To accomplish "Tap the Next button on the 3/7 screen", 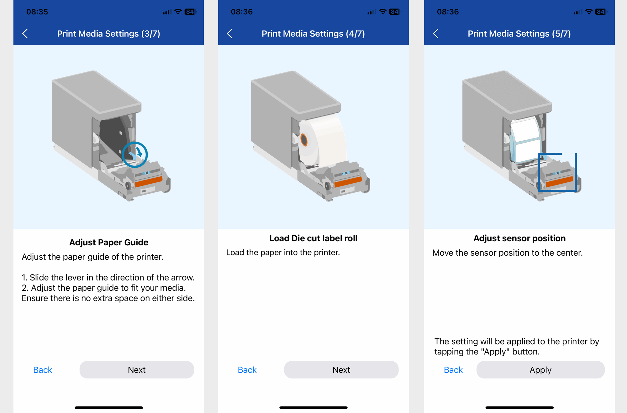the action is click(x=137, y=370).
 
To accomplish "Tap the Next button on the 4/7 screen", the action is click(x=341, y=370).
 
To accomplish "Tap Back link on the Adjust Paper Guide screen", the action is click(x=43, y=370).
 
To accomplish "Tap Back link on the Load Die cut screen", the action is click(x=247, y=370).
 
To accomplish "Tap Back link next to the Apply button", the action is click(x=453, y=370).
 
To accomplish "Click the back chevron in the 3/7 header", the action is click(x=25, y=34).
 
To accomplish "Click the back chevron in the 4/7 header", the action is click(x=229, y=34).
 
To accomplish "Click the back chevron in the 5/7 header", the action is click(x=435, y=34).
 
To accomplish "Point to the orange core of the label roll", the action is click(x=304, y=140).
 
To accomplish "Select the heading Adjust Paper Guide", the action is click(x=109, y=242).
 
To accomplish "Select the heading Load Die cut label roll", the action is click(x=313, y=238).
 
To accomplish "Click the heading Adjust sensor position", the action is click(x=519, y=238).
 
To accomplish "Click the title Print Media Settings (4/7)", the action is click(x=313, y=34).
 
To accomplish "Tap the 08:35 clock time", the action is click(x=37, y=12).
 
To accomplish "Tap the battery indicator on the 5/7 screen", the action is click(x=601, y=12).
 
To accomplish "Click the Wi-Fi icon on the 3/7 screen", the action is click(x=178, y=12).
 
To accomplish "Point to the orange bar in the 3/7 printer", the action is click(x=149, y=181).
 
